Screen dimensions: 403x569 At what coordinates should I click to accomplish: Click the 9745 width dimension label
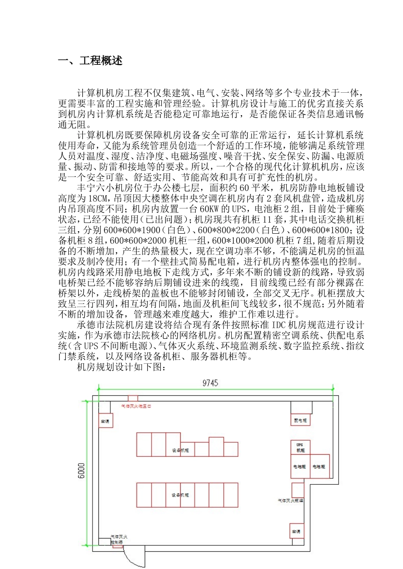210,383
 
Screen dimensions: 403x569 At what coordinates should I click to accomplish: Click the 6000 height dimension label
81,470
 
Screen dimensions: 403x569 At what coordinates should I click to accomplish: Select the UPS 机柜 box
300,448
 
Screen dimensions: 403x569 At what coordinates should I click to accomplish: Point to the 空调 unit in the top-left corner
105,421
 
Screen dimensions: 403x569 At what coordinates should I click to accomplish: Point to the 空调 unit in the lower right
296,531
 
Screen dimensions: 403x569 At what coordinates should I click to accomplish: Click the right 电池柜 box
319,467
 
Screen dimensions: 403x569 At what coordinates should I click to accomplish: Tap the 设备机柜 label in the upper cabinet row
180,450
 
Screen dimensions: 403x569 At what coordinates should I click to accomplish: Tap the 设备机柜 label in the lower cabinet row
180,495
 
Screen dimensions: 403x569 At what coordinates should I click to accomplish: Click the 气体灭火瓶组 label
291,500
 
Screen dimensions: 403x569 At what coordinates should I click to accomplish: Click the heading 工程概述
101,61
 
